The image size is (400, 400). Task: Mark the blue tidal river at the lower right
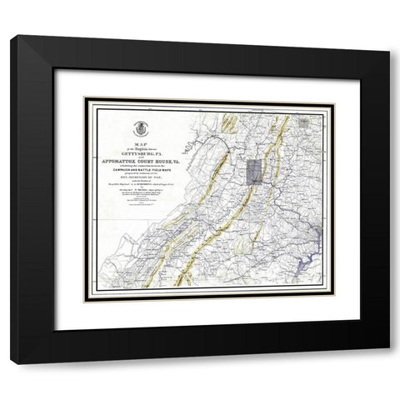pyautogui.click(x=317, y=250)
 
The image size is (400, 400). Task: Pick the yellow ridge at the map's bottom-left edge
pyautogui.click(x=150, y=279)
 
